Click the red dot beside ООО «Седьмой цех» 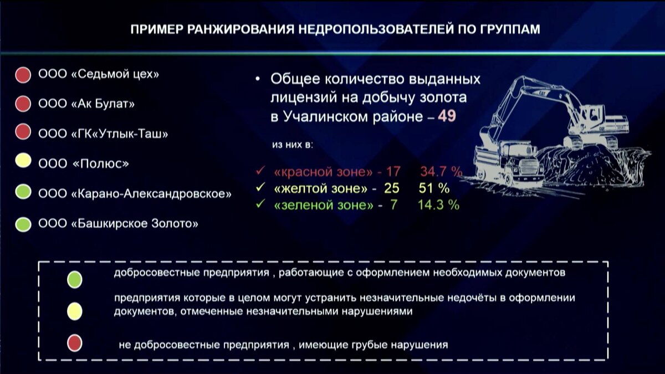point(23,74)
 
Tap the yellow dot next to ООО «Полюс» point(23,163)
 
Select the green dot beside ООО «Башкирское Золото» point(23,224)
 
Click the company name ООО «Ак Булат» point(86,104)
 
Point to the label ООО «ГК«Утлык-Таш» point(103,134)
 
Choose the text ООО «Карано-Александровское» point(135,194)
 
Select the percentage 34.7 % point(441,171)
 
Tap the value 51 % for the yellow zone point(434,188)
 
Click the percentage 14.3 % point(438,205)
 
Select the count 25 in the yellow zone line point(392,188)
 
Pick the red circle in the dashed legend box point(74,344)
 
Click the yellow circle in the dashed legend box point(74,311)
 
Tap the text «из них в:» point(293,145)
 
